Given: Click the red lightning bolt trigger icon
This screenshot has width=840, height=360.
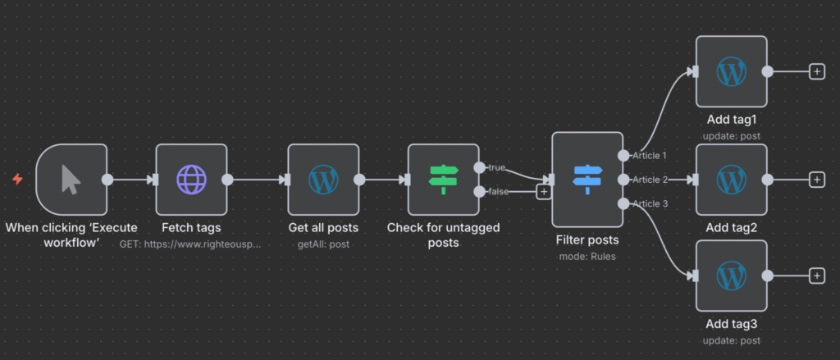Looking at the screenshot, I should [17, 179].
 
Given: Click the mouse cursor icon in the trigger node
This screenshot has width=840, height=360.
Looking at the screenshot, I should [71, 179].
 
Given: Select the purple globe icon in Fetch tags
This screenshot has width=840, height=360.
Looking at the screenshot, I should [191, 179].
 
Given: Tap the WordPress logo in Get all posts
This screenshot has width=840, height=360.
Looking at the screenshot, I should [323, 179].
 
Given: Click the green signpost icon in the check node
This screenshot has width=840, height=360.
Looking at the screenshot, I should [444, 179].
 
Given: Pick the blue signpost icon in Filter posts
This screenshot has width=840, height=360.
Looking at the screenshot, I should [587, 179].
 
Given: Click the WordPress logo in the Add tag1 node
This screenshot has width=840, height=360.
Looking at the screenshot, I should [731, 71].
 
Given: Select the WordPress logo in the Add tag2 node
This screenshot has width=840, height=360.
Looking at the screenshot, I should [731, 179].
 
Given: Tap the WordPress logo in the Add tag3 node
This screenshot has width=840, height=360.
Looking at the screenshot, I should [731, 276].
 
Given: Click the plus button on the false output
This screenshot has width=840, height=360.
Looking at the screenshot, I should [543, 192].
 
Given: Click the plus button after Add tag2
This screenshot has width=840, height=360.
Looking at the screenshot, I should [816, 179].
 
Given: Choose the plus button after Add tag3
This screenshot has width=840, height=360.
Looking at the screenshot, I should [816, 276].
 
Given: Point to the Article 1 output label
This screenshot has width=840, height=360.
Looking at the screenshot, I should [650, 155].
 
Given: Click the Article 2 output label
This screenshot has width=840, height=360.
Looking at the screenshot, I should [650, 179].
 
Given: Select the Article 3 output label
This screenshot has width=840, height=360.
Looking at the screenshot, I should [650, 203].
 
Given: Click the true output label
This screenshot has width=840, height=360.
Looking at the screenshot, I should [496, 167].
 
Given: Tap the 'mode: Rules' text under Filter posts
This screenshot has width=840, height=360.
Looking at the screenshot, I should [587, 255].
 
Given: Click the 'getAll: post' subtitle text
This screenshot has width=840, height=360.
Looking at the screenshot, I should [323, 244].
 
